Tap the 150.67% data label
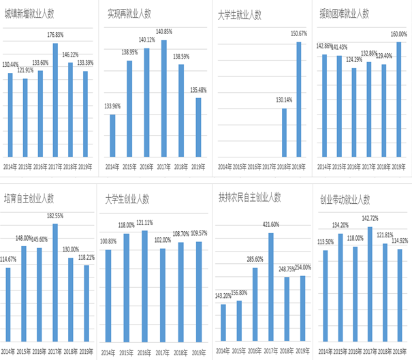(x=298, y=33)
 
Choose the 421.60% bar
(x=270, y=286)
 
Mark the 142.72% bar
(x=369, y=282)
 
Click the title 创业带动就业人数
(x=345, y=199)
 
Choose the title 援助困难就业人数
(x=345, y=13)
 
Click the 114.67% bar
(x=8, y=303)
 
